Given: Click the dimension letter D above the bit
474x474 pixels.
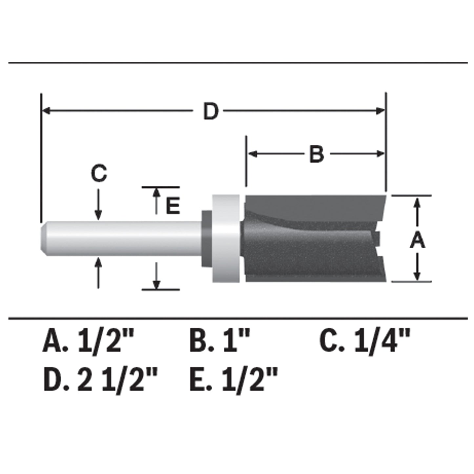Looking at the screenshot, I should click(210, 112).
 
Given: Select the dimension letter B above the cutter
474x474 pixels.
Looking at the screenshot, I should click(316, 154).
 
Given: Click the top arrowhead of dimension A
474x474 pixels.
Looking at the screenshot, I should click(417, 202).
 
